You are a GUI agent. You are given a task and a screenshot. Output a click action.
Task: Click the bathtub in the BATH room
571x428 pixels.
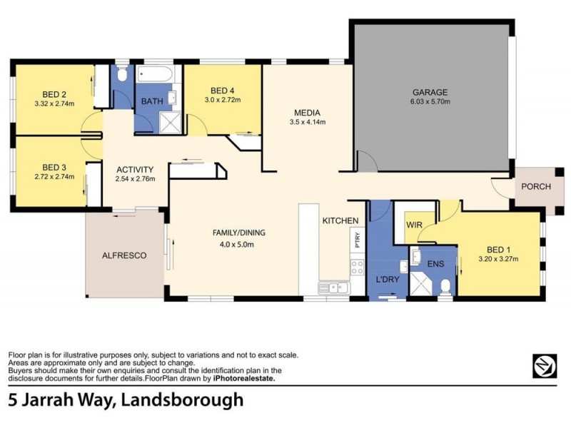point(157,74)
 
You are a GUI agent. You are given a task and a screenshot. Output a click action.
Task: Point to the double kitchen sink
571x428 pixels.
point(333,287)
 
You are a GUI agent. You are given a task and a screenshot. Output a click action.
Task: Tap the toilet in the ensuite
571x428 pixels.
point(445,286)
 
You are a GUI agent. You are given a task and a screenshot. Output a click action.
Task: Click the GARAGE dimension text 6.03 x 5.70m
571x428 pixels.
point(430,102)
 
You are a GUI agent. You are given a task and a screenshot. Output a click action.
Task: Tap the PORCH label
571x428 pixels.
point(535,187)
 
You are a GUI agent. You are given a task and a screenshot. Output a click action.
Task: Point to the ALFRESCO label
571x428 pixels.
point(124,255)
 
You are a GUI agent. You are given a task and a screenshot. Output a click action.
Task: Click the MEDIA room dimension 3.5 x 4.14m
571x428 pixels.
point(307,123)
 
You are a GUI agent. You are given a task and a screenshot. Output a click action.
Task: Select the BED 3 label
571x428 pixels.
point(54,168)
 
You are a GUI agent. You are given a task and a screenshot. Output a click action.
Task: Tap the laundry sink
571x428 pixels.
point(404,267)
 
